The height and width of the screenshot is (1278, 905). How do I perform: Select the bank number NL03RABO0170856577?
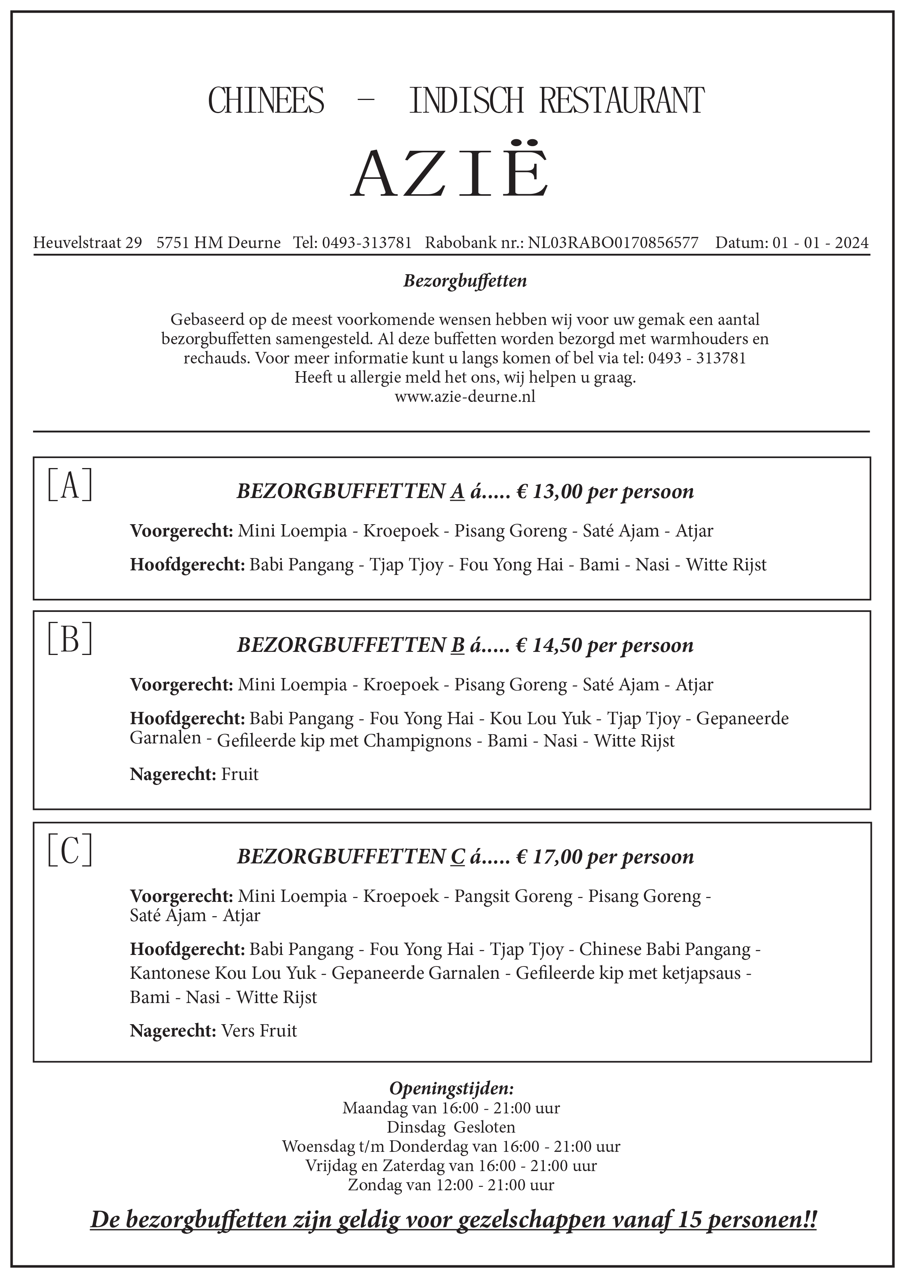(x=613, y=243)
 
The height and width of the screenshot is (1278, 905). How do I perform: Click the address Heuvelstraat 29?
(x=87, y=243)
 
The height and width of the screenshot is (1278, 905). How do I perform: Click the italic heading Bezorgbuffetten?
(x=465, y=281)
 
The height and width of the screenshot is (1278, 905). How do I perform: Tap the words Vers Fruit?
(x=259, y=1031)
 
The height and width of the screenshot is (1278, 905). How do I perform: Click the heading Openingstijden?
(x=452, y=1088)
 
